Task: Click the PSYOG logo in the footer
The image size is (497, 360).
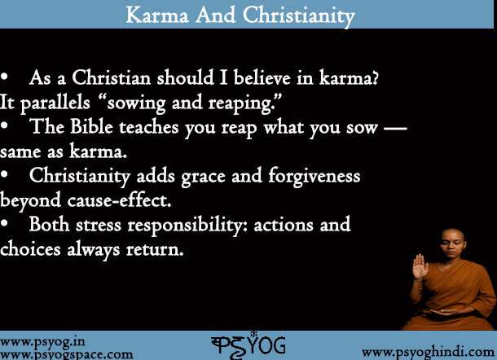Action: click(248, 345)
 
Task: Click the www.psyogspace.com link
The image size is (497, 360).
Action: click(67, 354)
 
